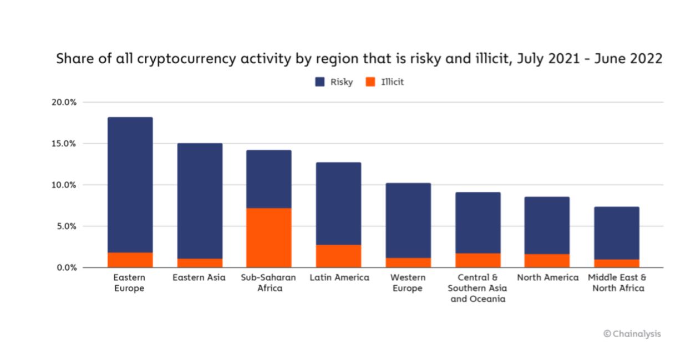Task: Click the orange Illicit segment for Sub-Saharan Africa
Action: [269, 237]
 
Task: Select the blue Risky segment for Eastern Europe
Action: [130, 185]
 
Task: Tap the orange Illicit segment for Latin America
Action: [339, 256]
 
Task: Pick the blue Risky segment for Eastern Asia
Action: [200, 201]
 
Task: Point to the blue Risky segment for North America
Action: [547, 225]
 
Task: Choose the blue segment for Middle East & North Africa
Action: [616, 233]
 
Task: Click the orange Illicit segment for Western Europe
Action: [408, 262]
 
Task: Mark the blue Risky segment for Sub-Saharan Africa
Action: [269, 179]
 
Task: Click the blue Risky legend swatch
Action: [320, 82]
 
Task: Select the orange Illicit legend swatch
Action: [370, 82]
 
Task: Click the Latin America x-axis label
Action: [339, 277]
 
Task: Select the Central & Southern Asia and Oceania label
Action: [477, 288]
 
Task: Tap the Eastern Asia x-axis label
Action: [199, 277]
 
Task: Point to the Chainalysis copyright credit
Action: [632, 334]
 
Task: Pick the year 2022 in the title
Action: [646, 59]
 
